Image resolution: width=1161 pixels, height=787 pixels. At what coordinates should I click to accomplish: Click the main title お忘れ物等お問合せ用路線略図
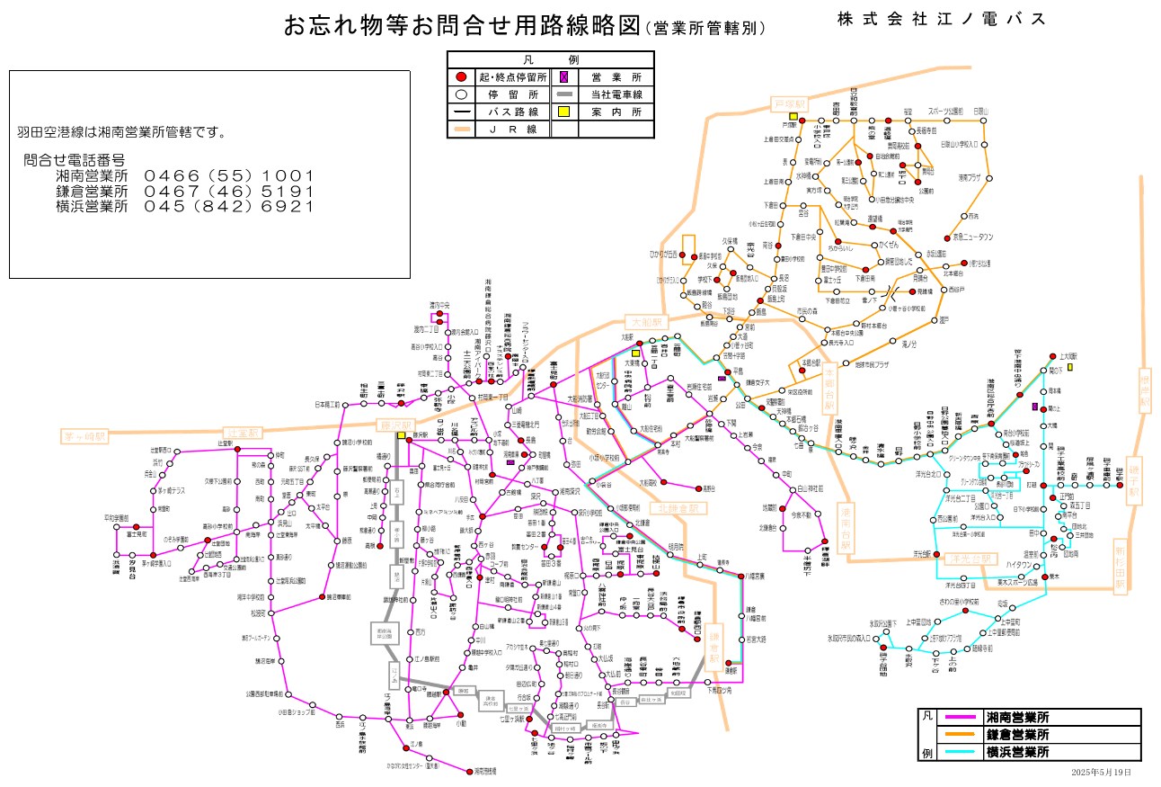(463, 26)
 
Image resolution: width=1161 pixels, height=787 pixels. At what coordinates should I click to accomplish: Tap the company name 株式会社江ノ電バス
(941, 19)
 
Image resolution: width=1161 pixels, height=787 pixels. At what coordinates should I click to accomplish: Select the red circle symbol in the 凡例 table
(460, 78)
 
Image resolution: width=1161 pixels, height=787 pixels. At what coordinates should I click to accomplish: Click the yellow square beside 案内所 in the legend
(563, 112)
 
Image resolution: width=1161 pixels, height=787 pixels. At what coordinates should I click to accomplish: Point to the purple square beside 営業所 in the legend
(563, 78)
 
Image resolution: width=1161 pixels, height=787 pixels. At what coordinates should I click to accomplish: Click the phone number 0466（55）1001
(228, 175)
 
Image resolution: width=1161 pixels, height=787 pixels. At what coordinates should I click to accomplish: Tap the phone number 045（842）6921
(228, 206)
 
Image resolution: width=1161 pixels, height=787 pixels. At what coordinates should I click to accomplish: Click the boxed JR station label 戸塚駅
(792, 104)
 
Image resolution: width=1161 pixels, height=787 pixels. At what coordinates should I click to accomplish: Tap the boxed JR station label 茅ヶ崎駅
(84, 436)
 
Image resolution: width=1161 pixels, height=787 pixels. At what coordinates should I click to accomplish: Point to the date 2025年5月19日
(1101, 773)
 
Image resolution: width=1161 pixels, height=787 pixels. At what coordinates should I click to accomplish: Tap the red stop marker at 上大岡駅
(1051, 355)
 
